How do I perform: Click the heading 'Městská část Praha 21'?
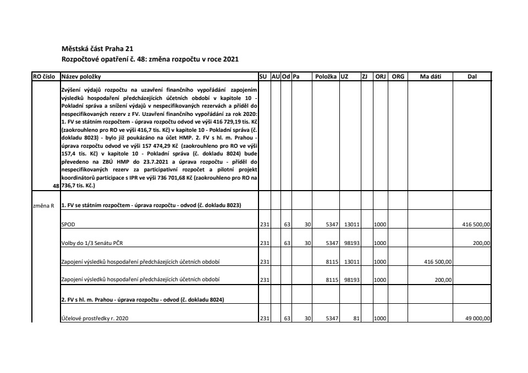[x=94, y=48]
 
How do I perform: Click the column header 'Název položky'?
[x=81, y=76]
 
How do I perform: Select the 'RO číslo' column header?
[x=47, y=76]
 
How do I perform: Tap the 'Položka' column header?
[x=326, y=76]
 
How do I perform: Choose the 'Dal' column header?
[x=471, y=76]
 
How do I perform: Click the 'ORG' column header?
[x=397, y=76]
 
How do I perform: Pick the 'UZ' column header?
[x=344, y=76]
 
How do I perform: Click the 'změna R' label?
[x=45, y=205]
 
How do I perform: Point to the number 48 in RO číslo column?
[x=56, y=186]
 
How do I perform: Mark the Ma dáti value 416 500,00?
[x=438, y=261]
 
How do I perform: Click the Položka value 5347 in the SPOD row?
[x=331, y=225]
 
